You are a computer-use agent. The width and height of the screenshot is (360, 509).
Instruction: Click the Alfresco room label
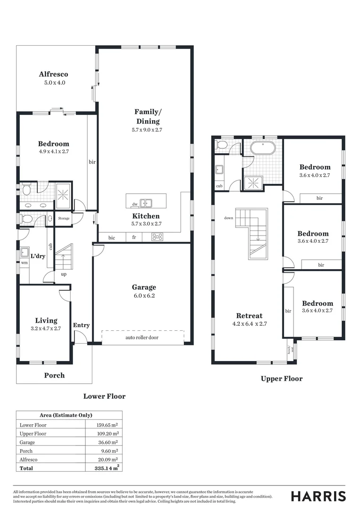[53, 74]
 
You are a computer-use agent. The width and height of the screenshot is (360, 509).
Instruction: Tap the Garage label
[144, 287]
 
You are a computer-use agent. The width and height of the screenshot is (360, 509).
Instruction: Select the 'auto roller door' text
[144, 338]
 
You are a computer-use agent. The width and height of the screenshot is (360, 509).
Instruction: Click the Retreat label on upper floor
[249, 316]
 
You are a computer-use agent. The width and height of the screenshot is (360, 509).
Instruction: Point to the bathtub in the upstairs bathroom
[264, 148]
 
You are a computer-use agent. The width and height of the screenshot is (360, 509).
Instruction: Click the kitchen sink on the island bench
[147, 203]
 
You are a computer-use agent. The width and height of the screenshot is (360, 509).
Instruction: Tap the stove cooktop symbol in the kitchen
[157, 238]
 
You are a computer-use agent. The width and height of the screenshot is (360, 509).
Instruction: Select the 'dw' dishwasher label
[135, 204]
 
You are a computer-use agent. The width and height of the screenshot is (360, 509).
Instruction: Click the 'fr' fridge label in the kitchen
[134, 238]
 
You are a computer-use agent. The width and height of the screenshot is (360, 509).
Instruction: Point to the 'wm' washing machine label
[24, 263]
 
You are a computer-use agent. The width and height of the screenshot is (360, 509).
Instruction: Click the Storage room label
[64, 219]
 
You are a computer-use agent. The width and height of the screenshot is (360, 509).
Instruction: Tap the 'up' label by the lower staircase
[63, 274]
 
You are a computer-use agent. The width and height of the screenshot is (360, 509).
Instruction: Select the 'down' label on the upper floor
[229, 218]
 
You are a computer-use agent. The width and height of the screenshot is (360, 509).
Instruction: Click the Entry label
[81, 325]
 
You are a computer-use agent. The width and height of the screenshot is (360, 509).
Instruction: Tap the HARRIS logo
[318, 496]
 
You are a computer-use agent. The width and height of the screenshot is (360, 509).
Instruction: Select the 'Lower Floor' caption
[105, 396]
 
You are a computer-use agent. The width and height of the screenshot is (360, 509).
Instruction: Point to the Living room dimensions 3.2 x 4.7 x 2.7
[46, 329]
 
